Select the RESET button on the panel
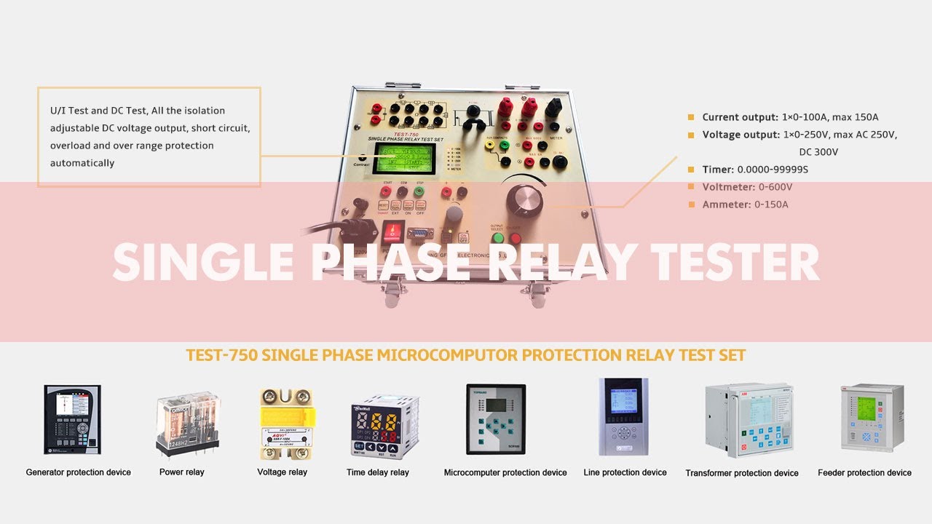point(383,206)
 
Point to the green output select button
point(498,238)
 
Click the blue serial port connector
point(418,234)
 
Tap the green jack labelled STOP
point(419,191)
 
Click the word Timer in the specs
point(717,170)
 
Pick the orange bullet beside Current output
point(691,117)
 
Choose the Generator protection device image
point(72,421)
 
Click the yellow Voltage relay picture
point(286,424)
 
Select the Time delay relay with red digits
point(378,429)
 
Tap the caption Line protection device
point(625,472)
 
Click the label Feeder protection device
point(864,473)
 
